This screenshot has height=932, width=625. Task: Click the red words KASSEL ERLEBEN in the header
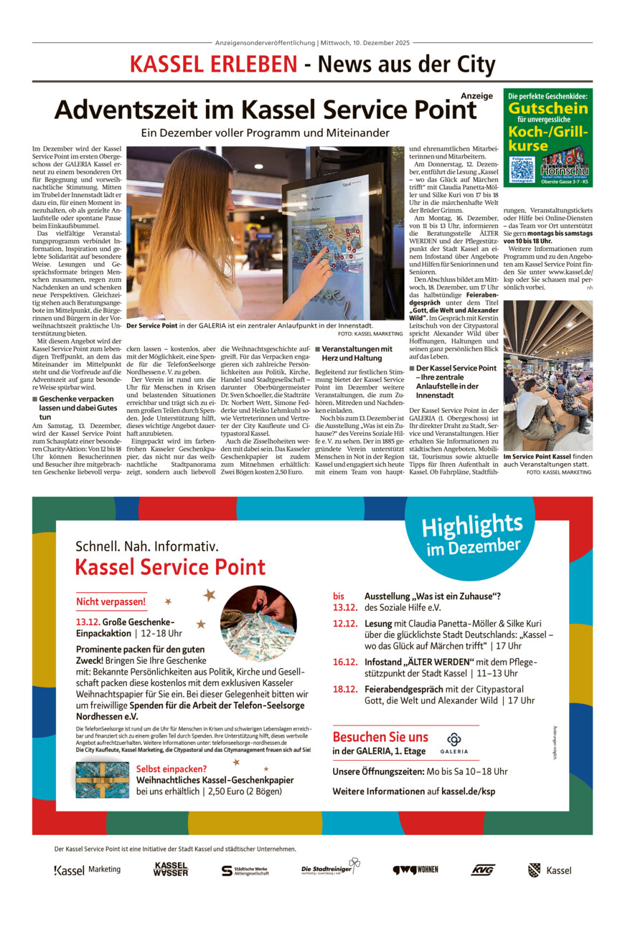click(213, 65)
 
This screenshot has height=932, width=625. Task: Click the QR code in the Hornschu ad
click(522, 169)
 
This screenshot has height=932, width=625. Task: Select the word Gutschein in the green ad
click(548, 108)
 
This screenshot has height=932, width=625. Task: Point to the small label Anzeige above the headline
click(476, 95)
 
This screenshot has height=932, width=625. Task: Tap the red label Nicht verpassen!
click(111, 601)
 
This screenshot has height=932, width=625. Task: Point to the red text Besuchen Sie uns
click(380, 736)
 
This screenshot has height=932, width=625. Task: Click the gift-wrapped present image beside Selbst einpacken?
click(102, 780)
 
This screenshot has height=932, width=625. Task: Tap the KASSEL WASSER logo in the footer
click(171, 870)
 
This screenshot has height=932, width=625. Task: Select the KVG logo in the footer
click(483, 870)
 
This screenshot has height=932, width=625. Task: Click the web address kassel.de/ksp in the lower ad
click(468, 791)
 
